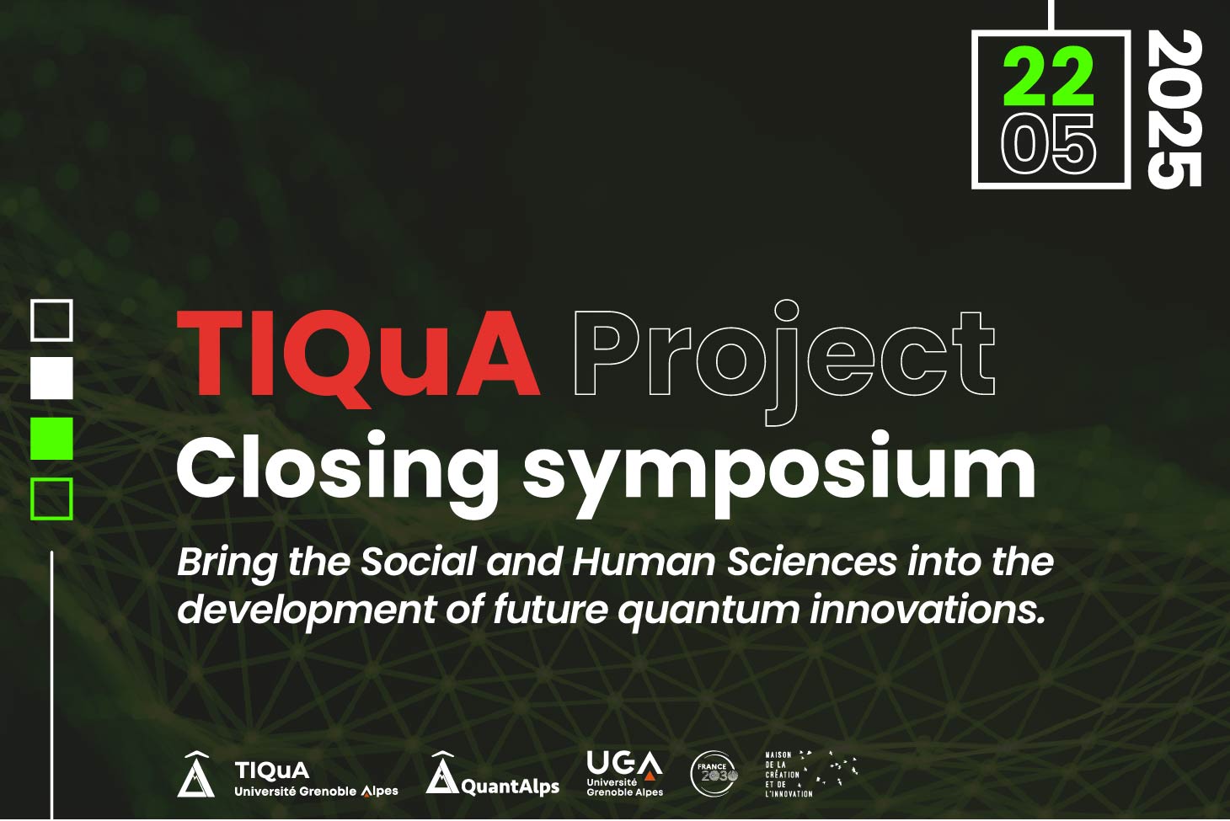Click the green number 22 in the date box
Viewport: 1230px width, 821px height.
click(x=1048, y=76)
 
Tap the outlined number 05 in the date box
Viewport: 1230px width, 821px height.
click(x=1048, y=144)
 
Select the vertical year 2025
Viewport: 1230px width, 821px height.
click(x=1174, y=109)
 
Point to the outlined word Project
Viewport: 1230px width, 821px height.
click(x=784, y=362)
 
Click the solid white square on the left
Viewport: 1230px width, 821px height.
click(x=51, y=377)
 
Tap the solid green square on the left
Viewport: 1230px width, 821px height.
click(x=51, y=439)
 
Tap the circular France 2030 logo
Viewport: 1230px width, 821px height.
click(x=714, y=774)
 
